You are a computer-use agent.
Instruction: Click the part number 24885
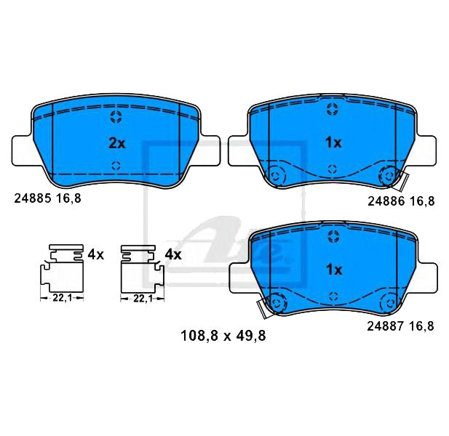31,196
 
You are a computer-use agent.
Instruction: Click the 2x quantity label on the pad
116,143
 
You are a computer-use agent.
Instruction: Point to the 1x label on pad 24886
333,143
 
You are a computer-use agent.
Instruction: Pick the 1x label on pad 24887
333,270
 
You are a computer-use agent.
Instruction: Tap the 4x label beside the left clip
96,254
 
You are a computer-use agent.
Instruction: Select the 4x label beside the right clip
172,254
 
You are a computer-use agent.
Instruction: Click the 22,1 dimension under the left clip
61,298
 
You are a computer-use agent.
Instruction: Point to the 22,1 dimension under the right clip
142,298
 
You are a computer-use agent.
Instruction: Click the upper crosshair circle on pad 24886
333,110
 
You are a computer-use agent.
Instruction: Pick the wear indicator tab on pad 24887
261,308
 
